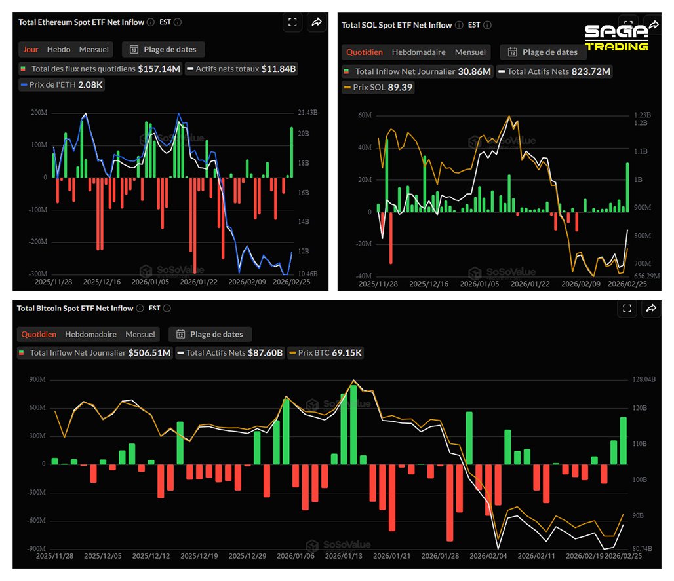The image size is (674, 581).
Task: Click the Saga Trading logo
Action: point(616,37)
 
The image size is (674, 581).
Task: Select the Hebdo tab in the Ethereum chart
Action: point(59,49)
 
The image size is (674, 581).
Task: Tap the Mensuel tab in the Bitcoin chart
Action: point(140,334)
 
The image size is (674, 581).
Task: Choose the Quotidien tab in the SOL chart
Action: point(365,52)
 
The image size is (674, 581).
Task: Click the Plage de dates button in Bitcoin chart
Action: point(210,334)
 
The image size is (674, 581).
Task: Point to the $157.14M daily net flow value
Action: point(159,69)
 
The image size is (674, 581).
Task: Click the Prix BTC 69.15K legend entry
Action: point(326,353)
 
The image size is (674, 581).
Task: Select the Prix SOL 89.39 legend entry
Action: point(378,87)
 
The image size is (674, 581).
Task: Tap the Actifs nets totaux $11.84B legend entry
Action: point(241,69)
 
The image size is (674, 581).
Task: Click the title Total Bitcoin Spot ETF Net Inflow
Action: point(75,309)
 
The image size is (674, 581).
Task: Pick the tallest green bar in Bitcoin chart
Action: point(353,424)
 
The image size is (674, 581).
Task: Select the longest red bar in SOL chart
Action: point(391,238)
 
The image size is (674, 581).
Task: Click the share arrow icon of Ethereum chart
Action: point(316,22)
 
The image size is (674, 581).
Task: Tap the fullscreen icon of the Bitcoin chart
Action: point(627,309)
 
